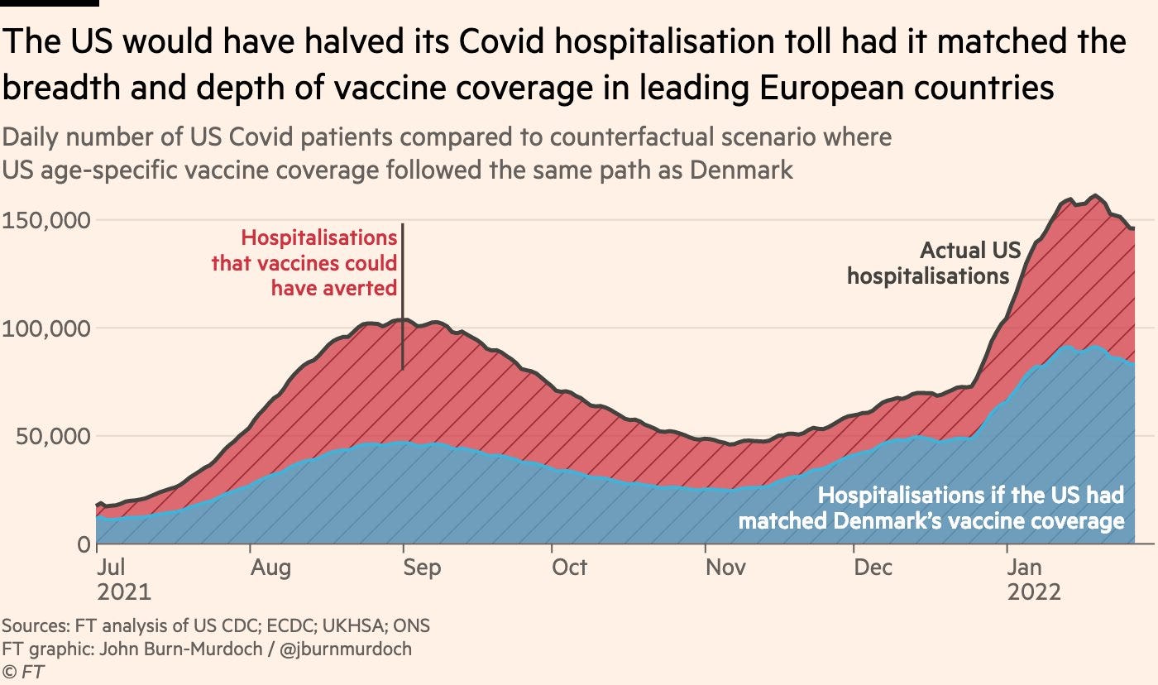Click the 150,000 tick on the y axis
(x=45, y=221)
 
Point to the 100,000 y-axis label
(x=45, y=328)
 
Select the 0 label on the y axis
(x=82, y=544)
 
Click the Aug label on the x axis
(x=270, y=567)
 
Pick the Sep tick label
(x=422, y=567)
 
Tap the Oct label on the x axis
(x=570, y=567)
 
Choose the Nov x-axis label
(x=725, y=567)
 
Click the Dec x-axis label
(x=873, y=567)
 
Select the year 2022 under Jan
(x=1033, y=592)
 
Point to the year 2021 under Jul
(x=124, y=592)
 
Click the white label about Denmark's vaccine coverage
(x=931, y=508)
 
